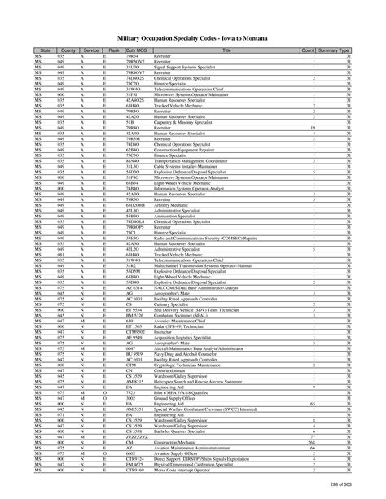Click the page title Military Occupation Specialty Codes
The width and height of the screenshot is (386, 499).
pyautogui.click(x=193, y=37)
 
